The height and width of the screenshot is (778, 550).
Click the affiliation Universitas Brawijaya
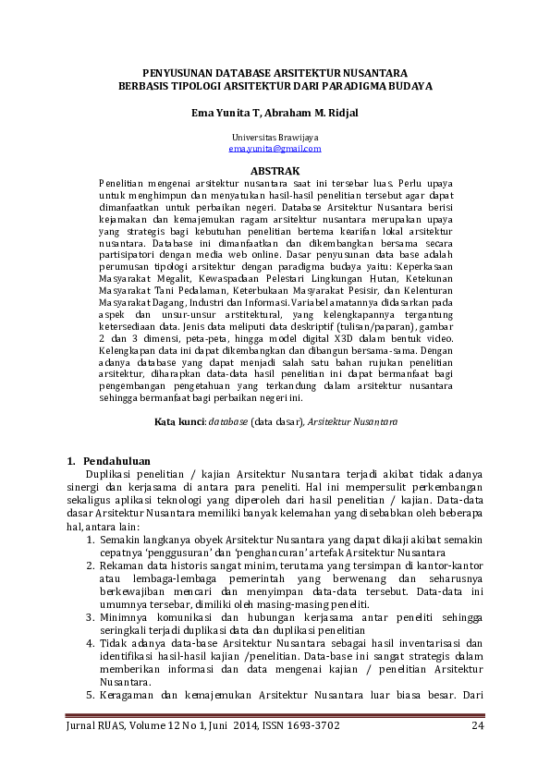click(275, 137)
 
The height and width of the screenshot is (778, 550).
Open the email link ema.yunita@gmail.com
click(275, 148)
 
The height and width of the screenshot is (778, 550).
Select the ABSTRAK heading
click(275, 171)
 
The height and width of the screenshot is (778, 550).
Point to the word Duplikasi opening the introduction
click(108, 474)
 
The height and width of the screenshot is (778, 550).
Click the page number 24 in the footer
click(478, 724)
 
